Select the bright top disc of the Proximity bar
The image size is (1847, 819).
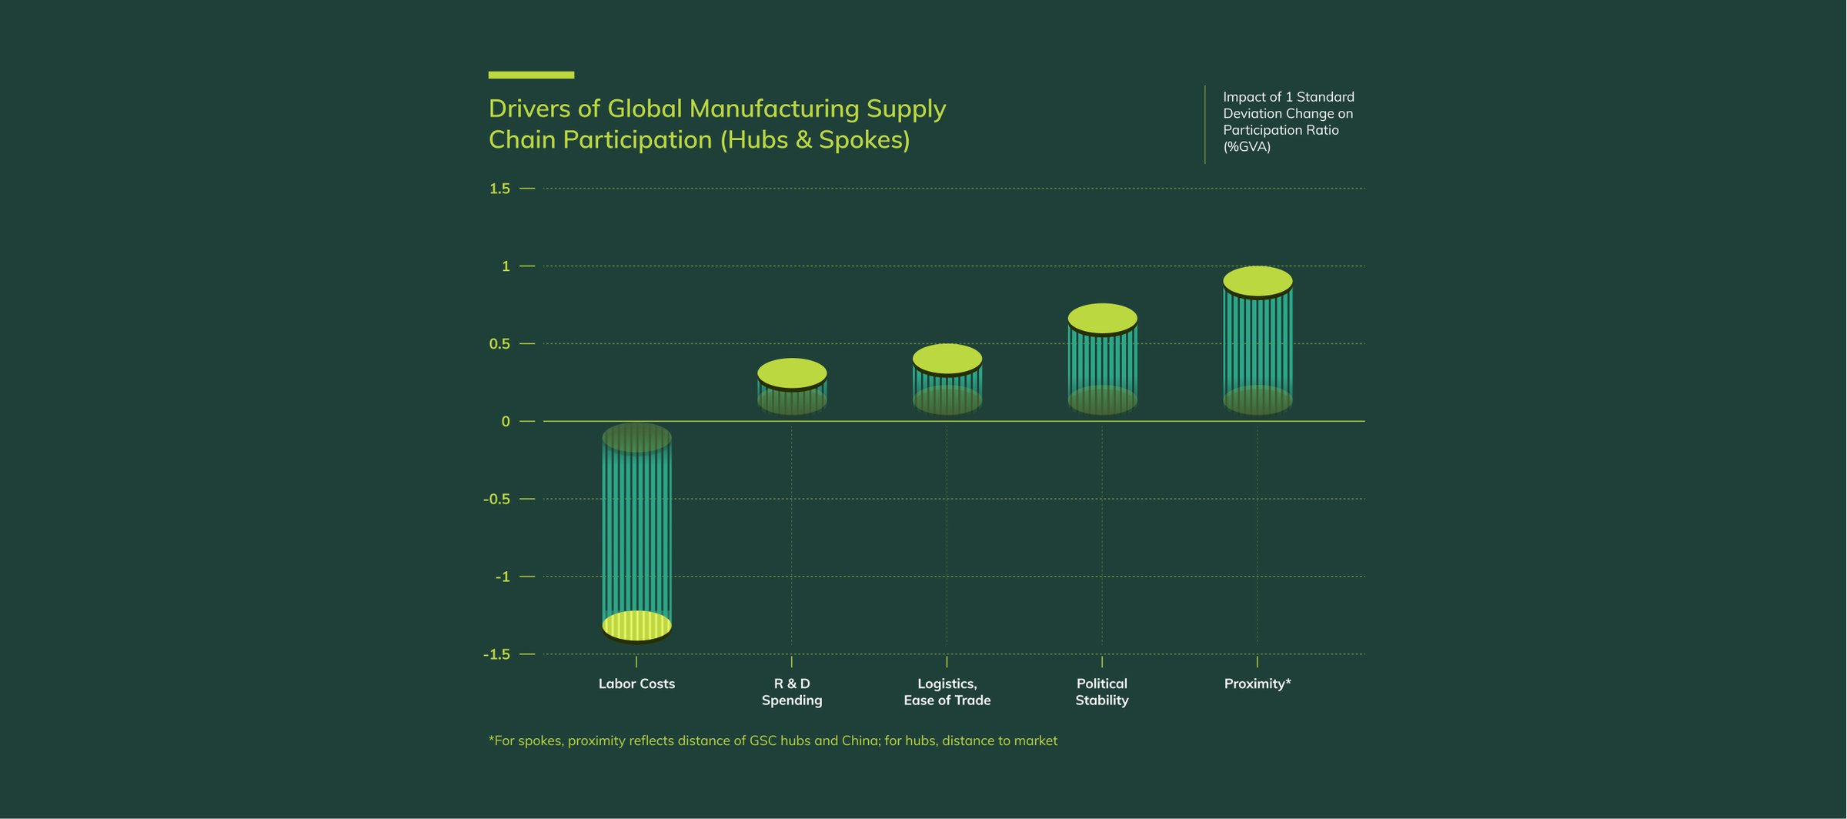pyautogui.click(x=1257, y=281)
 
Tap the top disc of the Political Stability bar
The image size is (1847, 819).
pyautogui.click(x=1102, y=318)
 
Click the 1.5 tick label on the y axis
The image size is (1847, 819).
pyautogui.click(x=499, y=189)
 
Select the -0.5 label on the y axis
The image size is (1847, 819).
pyautogui.click(x=496, y=499)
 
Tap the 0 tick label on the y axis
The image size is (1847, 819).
pyautogui.click(x=506, y=421)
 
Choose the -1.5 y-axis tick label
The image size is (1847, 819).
pyautogui.click(x=496, y=654)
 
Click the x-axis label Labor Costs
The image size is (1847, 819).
pyautogui.click(x=636, y=684)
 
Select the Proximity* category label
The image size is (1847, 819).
pyautogui.click(x=1257, y=684)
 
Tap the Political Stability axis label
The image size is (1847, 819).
pyautogui.click(x=1102, y=692)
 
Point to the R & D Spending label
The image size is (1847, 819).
pyautogui.click(x=792, y=692)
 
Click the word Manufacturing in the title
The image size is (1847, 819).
pyautogui.click(x=774, y=109)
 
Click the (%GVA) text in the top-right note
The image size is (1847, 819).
pyautogui.click(x=1247, y=147)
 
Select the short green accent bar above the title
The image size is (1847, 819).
pyautogui.click(x=531, y=75)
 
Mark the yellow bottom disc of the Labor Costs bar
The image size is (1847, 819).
pyautogui.click(x=636, y=626)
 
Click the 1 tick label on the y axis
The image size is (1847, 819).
pyautogui.click(x=506, y=266)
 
